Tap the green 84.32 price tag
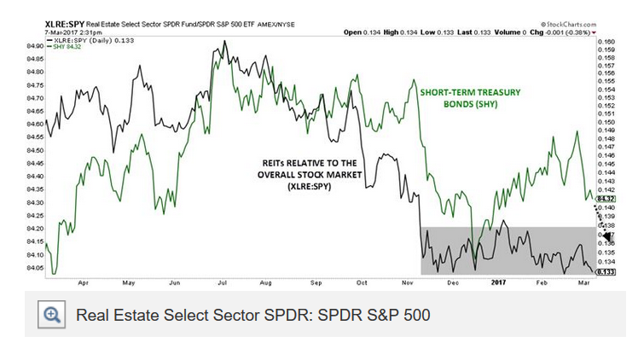click(x=606, y=198)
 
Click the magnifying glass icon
click(x=53, y=315)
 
